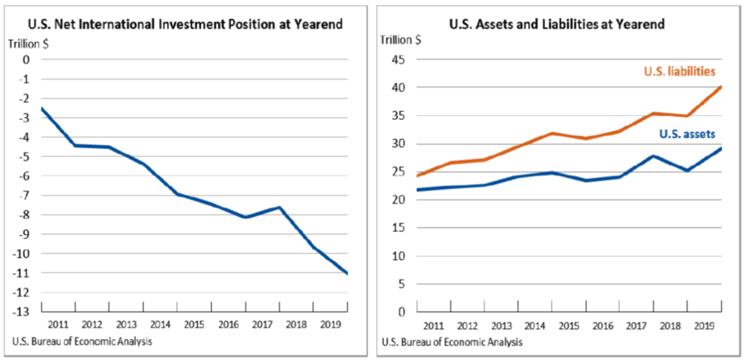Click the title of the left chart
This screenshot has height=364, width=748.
186,24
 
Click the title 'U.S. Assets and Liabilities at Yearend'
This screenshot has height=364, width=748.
557,24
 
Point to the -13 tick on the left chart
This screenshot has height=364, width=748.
24,312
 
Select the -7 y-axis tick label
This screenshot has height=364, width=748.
25,195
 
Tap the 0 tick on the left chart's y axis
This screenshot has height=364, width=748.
27,60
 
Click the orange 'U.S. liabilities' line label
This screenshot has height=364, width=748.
679,71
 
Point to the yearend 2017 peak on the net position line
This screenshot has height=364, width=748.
279,207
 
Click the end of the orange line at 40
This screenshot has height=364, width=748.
721,87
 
